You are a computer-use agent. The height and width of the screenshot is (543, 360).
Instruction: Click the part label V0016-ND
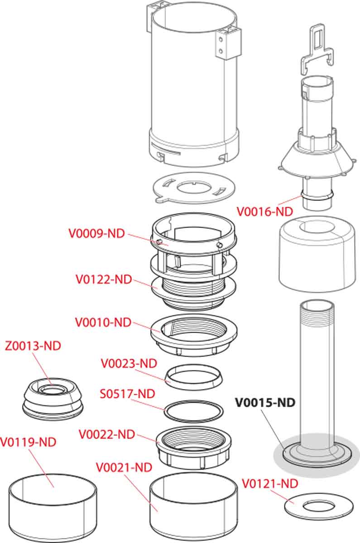[264, 211]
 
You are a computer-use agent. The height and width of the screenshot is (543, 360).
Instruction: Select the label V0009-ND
[96, 233]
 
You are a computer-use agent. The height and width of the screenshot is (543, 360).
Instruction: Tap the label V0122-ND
[104, 279]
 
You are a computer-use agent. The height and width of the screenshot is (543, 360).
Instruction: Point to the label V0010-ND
[103, 322]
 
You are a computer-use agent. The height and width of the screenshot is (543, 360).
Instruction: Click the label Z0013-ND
[33, 346]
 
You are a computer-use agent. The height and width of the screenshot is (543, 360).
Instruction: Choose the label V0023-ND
[129, 364]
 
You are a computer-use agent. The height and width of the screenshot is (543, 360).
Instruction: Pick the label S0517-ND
[127, 394]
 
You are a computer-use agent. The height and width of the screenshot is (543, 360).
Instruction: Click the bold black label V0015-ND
[265, 403]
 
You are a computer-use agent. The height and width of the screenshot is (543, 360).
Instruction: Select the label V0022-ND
[107, 434]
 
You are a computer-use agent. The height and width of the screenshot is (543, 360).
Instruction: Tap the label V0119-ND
[28, 442]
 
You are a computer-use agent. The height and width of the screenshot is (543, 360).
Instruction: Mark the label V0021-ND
[124, 467]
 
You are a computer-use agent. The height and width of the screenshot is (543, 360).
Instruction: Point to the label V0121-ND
[270, 484]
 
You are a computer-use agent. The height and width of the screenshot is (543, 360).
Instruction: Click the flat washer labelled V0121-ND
[319, 506]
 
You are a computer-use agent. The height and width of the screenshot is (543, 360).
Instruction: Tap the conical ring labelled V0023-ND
[194, 377]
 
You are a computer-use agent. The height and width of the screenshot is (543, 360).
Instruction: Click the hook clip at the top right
[317, 48]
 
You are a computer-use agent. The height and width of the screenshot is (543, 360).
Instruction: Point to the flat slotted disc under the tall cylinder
[194, 188]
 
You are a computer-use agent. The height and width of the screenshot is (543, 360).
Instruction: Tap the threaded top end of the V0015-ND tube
[317, 313]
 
